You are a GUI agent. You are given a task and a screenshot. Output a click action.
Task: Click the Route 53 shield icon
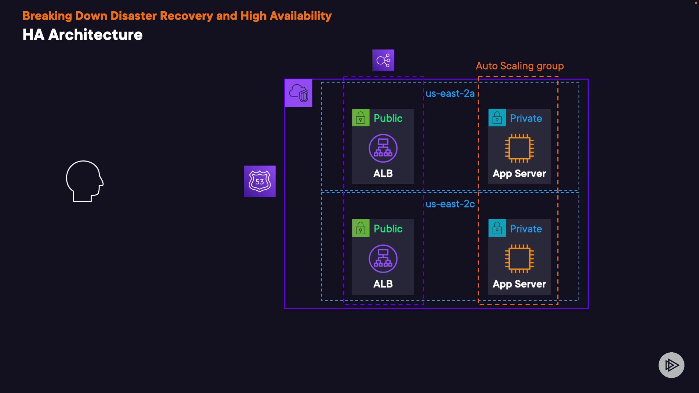click(260, 181)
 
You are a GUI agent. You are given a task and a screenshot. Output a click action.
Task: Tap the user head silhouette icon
click(84, 181)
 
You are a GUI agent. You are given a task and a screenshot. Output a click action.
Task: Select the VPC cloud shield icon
click(299, 93)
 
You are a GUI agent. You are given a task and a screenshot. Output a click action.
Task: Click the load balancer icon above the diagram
click(383, 60)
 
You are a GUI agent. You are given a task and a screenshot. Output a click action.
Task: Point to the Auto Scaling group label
click(520, 66)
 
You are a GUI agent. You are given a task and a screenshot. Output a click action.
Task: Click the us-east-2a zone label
click(450, 94)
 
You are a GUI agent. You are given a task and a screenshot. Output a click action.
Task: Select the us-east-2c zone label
click(450, 204)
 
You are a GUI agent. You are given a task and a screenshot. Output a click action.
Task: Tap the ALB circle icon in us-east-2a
click(383, 148)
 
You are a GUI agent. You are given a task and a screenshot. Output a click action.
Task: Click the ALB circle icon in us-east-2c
click(383, 259)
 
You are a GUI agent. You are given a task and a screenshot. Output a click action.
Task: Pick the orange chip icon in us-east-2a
click(520, 148)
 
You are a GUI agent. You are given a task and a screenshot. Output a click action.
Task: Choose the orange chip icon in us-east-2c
click(520, 259)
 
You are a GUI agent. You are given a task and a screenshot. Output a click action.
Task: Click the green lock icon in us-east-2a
click(361, 118)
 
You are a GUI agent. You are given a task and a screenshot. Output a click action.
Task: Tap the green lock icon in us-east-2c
click(361, 228)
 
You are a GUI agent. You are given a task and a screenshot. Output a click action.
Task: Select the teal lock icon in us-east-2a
click(497, 118)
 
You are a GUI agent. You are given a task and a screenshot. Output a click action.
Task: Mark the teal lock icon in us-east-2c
click(497, 228)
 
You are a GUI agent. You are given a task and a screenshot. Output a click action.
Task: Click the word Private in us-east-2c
click(526, 229)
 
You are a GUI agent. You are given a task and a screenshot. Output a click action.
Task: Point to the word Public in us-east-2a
click(388, 118)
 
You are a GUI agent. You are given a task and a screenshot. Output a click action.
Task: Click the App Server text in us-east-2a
click(519, 174)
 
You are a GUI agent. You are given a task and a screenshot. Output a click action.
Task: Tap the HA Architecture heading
click(83, 35)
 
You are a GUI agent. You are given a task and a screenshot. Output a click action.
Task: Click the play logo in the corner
click(671, 365)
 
